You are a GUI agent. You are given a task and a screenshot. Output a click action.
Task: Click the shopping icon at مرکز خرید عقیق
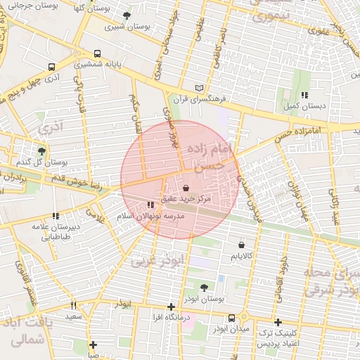[186, 188]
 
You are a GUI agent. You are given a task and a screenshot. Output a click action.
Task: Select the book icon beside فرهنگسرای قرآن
[200, 88]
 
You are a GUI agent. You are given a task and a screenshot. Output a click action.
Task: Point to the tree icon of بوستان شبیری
[127, 15]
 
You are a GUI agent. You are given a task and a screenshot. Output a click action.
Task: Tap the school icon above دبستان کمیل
[304, 95]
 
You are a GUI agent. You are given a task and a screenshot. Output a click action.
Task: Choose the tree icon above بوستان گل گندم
[41, 150]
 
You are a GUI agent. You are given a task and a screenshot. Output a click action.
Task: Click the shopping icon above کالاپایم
[242, 245]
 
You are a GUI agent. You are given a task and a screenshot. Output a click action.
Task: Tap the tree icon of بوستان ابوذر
[204, 288]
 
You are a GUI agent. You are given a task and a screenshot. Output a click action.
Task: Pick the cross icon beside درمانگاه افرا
[171, 307]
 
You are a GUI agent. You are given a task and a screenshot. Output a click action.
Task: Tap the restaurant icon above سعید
[73, 306]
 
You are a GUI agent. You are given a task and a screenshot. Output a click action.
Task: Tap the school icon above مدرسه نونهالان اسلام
[150, 205]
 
